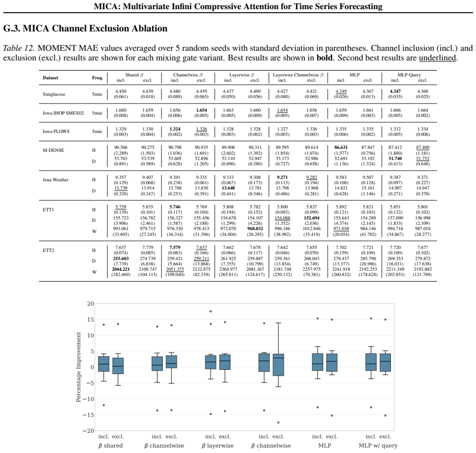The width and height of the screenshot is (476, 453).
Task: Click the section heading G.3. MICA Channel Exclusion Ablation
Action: pos(86,28)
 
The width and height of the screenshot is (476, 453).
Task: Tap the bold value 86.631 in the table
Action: pos(341,147)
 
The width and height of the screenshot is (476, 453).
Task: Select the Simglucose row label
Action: pos(54,94)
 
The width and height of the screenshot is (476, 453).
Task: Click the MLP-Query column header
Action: pos(409,74)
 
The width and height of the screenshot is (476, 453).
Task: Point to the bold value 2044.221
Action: pos(121,269)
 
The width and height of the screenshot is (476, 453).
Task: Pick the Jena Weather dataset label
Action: pos(56,180)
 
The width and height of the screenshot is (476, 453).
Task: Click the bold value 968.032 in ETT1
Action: pos(255,229)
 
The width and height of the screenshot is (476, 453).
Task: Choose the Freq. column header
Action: pos(98,78)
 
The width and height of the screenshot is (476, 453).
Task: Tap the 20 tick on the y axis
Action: pos(90,304)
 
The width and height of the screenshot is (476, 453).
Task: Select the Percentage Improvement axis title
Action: pos(79,367)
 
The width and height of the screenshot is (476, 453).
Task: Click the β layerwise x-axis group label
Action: pos(217,446)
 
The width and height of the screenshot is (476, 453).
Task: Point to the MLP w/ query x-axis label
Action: pos(378,445)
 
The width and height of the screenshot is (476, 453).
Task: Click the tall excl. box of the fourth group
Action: pos(278,365)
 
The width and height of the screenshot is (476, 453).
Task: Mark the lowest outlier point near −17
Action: pos(278,423)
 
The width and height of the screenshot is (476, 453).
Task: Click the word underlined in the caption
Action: pos(437,58)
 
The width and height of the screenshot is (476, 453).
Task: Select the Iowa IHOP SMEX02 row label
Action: pos(63,113)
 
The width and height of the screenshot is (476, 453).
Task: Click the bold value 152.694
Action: pos(312,218)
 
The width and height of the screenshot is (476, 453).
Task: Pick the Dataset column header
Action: pos(50,78)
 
